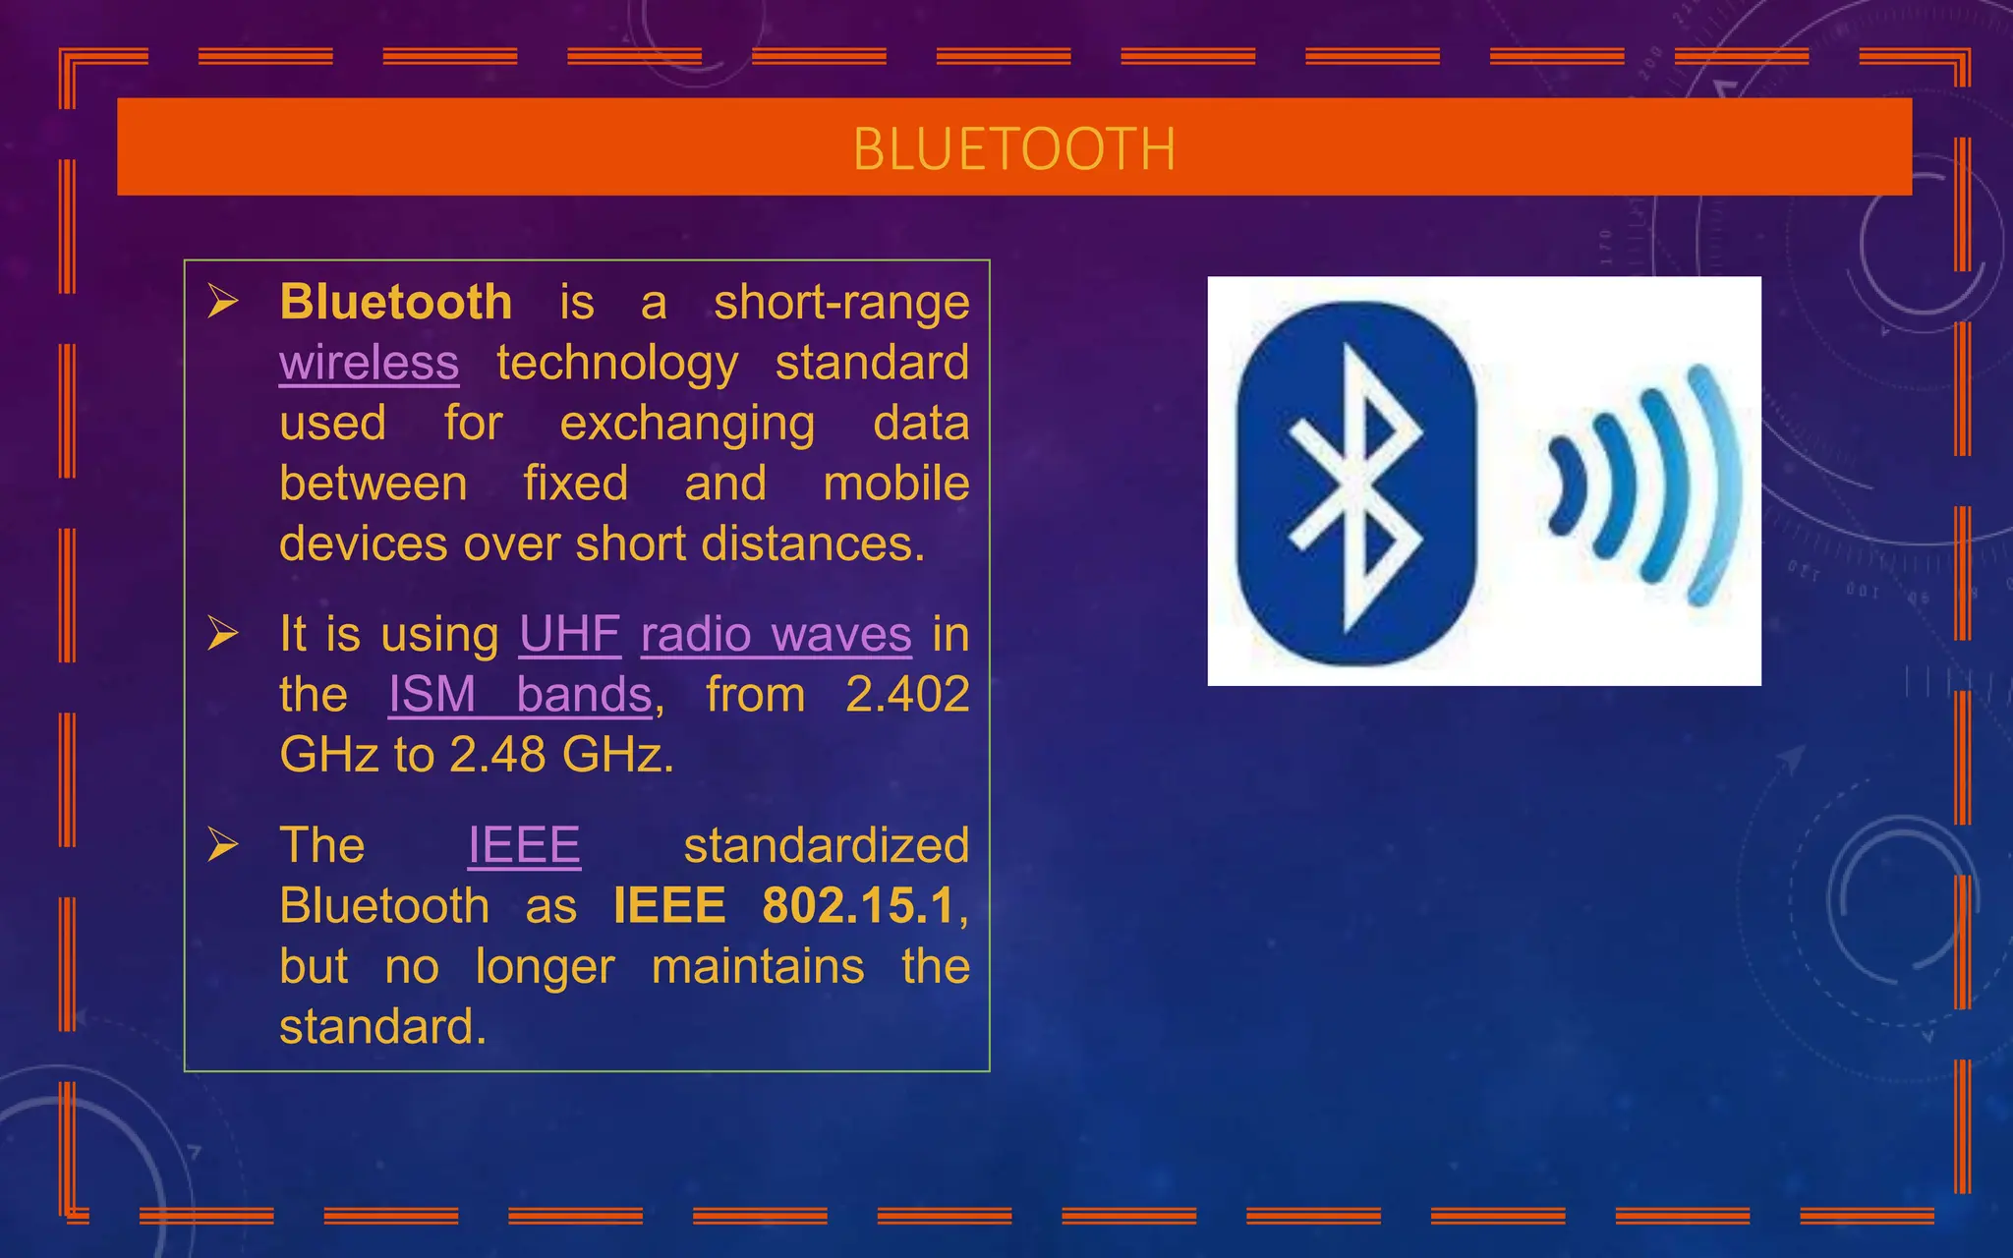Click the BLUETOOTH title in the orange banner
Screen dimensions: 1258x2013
pyautogui.click(x=1013, y=149)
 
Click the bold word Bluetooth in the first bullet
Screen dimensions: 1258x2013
pyautogui.click(x=395, y=302)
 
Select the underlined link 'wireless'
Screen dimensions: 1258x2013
pyautogui.click(x=369, y=363)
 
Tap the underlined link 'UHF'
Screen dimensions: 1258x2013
pyautogui.click(x=569, y=634)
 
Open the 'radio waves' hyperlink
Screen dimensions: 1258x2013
pyautogui.click(x=776, y=634)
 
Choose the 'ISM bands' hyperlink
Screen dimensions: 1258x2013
pyautogui.click(x=520, y=695)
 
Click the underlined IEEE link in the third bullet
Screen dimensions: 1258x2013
pyautogui.click(x=524, y=845)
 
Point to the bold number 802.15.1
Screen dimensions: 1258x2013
pyautogui.click(x=858, y=906)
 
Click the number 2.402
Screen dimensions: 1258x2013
pyautogui.click(x=907, y=695)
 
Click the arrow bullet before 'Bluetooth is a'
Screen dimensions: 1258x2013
pyautogui.click(x=223, y=302)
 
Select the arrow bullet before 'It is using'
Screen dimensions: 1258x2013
pyautogui.click(x=223, y=634)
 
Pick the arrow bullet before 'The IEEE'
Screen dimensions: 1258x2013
pyautogui.click(x=223, y=845)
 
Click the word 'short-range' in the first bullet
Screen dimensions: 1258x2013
pyautogui.click(x=841, y=302)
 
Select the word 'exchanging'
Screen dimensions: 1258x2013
pyautogui.click(x=687, y=424)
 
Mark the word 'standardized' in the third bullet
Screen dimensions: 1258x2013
pyautogui.click(x=826, y=845)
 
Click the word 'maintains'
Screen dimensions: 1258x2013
pyautogui.click(x=758, y=966)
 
